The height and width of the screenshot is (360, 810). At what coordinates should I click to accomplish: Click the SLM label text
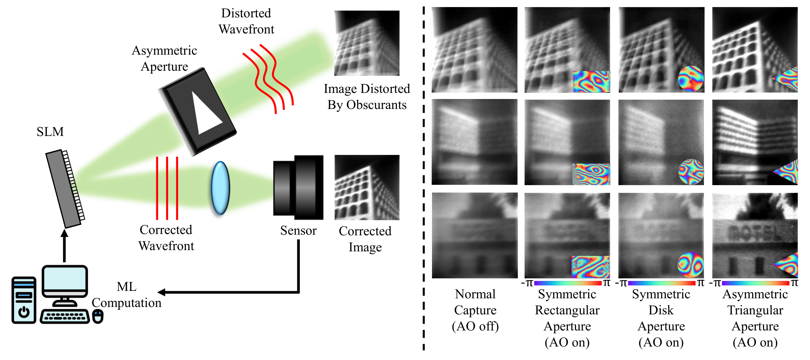[50, 132]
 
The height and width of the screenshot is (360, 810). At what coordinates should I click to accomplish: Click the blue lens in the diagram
[220, 188]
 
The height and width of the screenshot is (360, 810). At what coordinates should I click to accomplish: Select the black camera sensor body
[298, 187]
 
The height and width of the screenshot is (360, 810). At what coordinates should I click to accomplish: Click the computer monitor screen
[65, 278]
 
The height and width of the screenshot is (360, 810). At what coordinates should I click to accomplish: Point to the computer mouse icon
[98, 317]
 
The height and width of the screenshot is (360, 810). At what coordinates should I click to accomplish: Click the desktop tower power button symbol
[24, 311]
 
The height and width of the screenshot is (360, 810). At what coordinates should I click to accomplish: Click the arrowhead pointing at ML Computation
[162, 292]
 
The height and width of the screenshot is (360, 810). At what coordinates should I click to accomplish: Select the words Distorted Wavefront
[246, 21]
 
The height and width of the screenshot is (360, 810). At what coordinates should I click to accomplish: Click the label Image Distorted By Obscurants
[367, 97]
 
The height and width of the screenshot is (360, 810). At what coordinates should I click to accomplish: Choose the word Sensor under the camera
[298, 230]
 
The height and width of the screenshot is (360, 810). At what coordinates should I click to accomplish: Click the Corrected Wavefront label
[166, 238]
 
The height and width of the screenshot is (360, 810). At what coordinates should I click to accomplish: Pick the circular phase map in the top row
[691, 79]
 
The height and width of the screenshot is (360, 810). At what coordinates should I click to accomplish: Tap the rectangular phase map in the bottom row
[590, 267]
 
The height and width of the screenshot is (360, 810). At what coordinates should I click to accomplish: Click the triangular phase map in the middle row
[787, 172]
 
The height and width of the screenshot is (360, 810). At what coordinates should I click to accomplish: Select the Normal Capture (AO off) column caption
[475, 310]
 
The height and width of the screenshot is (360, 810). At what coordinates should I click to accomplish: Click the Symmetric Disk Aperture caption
[661, 318]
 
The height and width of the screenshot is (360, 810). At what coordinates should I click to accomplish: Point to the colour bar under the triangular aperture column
[755, 283]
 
